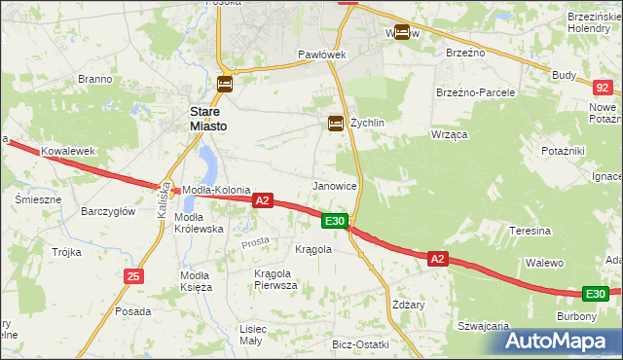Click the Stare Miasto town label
208,119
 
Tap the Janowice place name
334,185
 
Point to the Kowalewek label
66,152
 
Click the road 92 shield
601,88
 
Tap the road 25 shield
133,277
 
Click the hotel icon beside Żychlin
336,123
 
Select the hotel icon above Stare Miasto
225,85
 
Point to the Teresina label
531,232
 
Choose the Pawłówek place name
322,54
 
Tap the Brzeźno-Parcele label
475,92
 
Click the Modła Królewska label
199,223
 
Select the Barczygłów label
108,211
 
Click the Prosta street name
255,241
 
